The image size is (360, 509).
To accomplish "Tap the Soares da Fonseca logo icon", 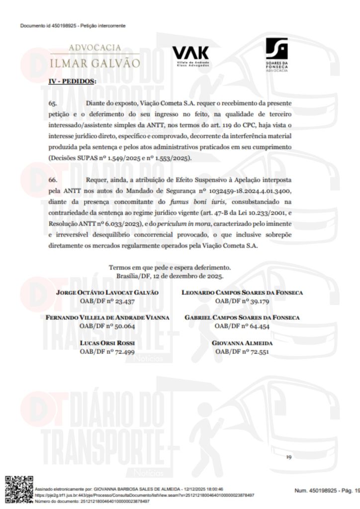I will coord(276,49).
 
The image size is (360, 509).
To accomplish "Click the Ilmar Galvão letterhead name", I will coord(95,64).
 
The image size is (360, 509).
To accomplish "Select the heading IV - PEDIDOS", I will coord(72,81).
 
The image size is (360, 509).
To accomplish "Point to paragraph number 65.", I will coord(53,103).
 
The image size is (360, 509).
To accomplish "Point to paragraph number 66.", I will coord(53,177).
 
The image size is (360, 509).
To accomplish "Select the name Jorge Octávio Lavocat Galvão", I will coord(108,293).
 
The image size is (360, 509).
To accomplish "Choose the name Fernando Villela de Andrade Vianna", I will coord(107,318).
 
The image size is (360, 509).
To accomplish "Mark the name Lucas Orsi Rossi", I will coord(107,343).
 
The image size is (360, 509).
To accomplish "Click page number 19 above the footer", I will coord(288,457).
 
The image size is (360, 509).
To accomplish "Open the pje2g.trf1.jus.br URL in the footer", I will coord(144,496).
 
